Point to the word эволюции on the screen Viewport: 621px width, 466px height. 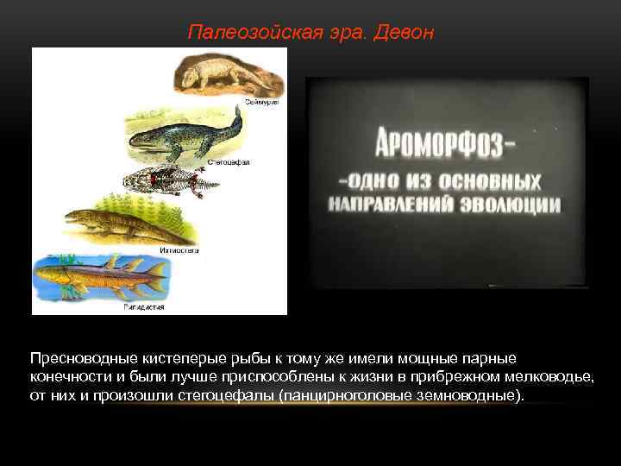[x=511, y=205]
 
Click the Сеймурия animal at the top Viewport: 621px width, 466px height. [x=226, y=74]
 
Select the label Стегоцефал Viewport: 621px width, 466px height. [x=229, y=161]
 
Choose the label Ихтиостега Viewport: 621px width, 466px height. [x=179, y=250]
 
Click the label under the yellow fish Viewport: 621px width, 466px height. [x=144, y=306]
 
